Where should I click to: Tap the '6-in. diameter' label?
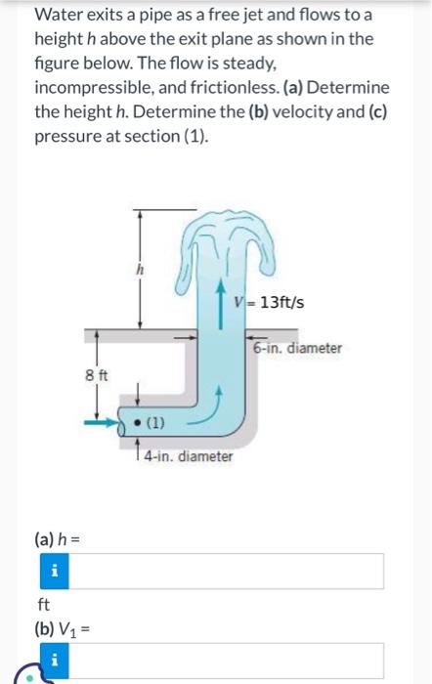pyautogui.click(x=297, y=349)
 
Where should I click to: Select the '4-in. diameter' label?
pyautogui.click(x=188, y=456)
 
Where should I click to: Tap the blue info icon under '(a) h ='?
pyautogui.click(x=53, y=571)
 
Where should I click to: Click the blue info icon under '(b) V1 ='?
pyautogui.click(x=53, y=661)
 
